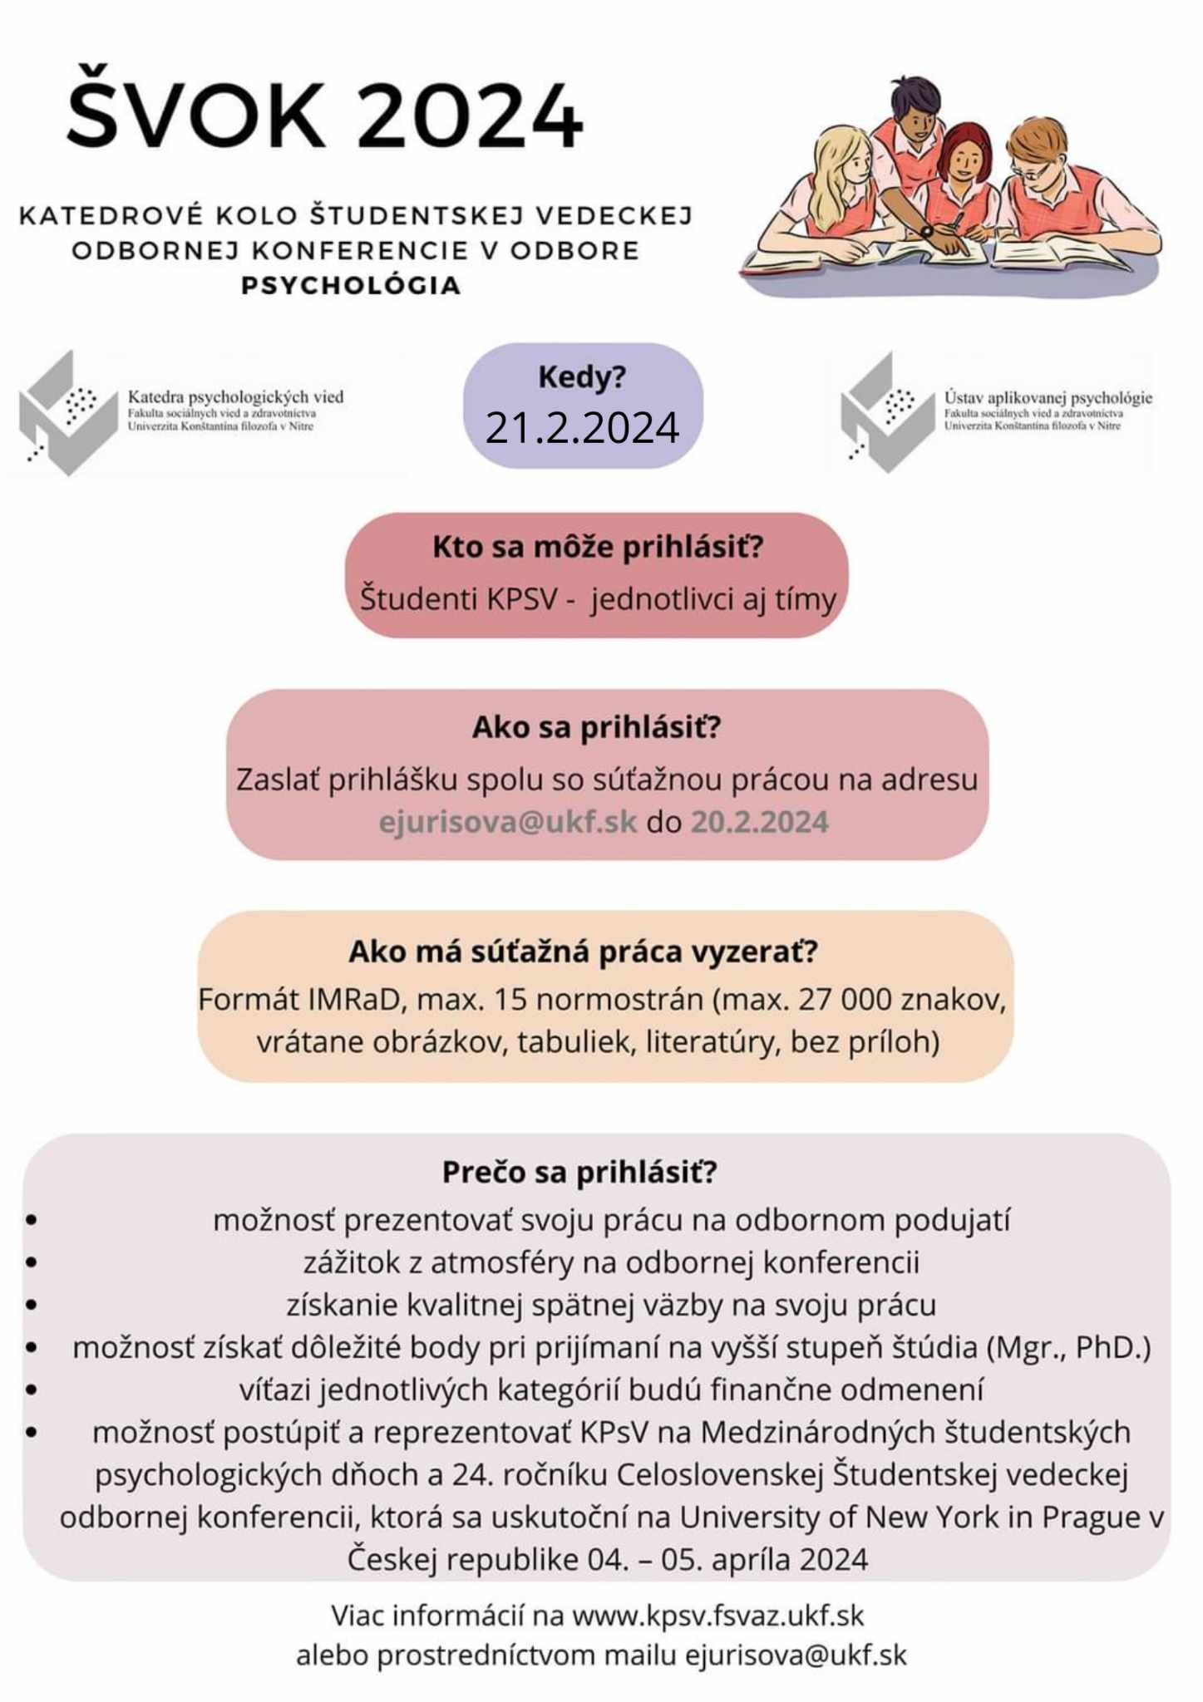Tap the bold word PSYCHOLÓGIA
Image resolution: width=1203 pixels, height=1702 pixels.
(x=351, y=286)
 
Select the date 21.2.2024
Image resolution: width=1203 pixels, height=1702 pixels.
(x=582, y=428)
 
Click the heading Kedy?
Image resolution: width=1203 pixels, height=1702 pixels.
(x=582, y=378)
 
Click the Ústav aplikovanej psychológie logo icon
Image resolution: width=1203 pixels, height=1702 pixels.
(x=886, y=413)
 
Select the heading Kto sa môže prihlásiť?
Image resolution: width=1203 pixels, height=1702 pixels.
(x=597, y=548)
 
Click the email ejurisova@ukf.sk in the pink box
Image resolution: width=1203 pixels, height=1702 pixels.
(x=507, y=822)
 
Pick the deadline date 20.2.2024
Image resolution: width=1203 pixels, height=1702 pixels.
(x=759, y=822)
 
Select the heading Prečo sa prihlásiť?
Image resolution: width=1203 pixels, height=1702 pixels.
(x=579, y=1172)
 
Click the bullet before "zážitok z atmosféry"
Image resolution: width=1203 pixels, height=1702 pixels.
(x=32, y=1262)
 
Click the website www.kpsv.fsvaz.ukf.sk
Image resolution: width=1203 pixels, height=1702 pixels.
(x=718, y=1616)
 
